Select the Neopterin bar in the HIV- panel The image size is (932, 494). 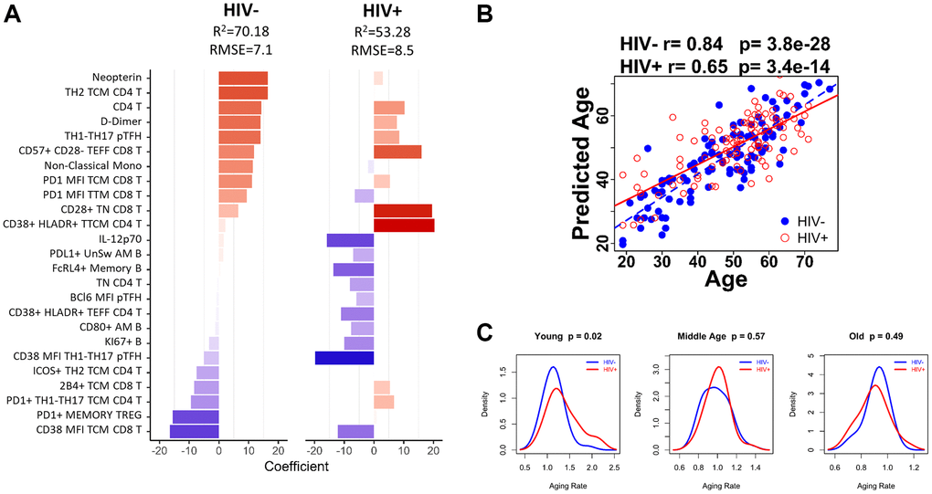pos(243,79)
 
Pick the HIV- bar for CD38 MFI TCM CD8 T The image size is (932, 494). pos(194,431)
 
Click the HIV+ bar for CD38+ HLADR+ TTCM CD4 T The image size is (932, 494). pos(404,225)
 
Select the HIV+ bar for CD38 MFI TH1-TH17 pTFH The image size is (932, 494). pos(344,357)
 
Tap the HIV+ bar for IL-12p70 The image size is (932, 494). pos(350,240)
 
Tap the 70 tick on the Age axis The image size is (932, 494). pos(805,264)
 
